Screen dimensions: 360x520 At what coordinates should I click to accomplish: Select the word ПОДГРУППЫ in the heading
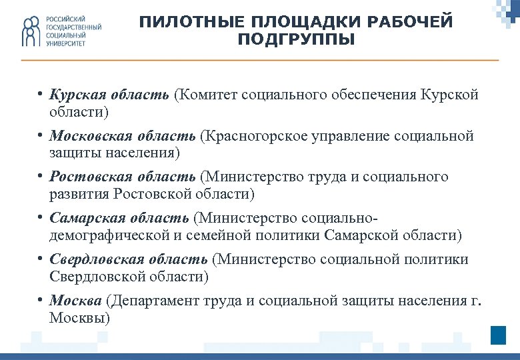click(296, 40)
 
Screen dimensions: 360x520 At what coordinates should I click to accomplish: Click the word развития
click(79, 194)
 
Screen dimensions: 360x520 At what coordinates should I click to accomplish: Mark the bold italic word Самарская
click(83, 218)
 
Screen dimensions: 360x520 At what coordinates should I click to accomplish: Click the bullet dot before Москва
click(41, 299)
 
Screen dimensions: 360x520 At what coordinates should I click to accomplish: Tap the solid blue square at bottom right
click(498, 335)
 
